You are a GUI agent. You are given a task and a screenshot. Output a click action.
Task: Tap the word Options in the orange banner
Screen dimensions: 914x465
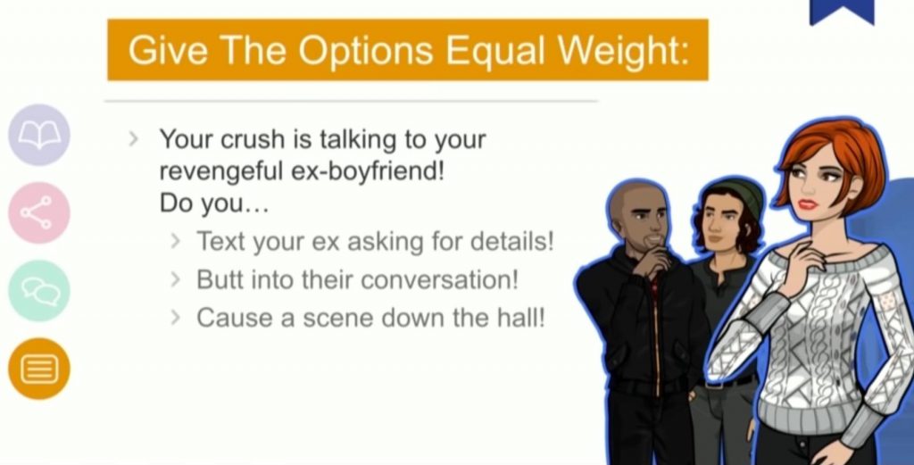pos(366,51)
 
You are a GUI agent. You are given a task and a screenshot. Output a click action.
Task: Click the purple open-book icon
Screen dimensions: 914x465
pos(39,135)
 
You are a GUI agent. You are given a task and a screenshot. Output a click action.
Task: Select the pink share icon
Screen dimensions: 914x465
pos(39,212)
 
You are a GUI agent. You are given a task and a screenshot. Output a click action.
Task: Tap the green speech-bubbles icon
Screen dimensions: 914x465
pos(39,291)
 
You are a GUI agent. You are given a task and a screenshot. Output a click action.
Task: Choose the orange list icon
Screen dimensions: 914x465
pos(39,369)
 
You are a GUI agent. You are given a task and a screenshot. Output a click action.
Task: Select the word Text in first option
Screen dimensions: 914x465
pos(220,241)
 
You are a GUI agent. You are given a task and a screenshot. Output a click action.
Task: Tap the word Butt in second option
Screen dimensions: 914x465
pos(218,279)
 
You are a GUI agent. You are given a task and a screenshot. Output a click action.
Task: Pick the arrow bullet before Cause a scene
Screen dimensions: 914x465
pos(176,318)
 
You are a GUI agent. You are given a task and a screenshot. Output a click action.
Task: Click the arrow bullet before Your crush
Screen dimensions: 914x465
pos(134,138)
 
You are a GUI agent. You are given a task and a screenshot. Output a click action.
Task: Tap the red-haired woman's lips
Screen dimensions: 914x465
pos(808,204)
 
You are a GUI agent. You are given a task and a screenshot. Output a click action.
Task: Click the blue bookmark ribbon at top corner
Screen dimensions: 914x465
pos(842,12)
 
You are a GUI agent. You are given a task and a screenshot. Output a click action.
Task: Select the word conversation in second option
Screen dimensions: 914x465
pos(439,279)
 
